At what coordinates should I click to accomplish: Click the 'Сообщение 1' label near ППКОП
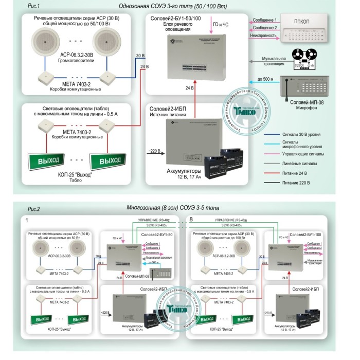click(264, 19)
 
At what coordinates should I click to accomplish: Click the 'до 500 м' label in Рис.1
click(262, 79)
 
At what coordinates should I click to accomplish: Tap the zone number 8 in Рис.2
click(191, 220)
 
